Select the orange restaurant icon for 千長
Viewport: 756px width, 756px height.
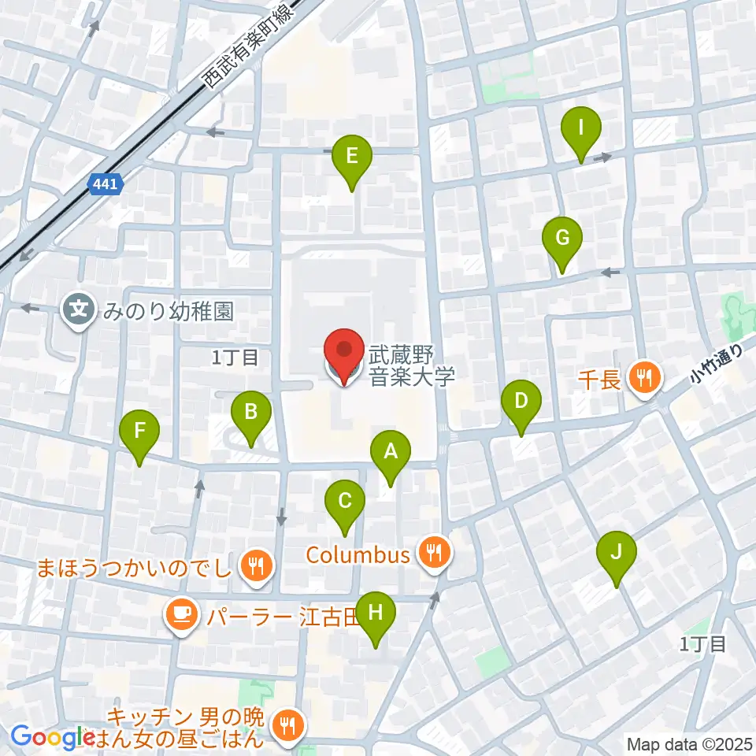tap(646, 379)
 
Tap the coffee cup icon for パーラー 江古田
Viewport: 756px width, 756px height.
tap(181, 613)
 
